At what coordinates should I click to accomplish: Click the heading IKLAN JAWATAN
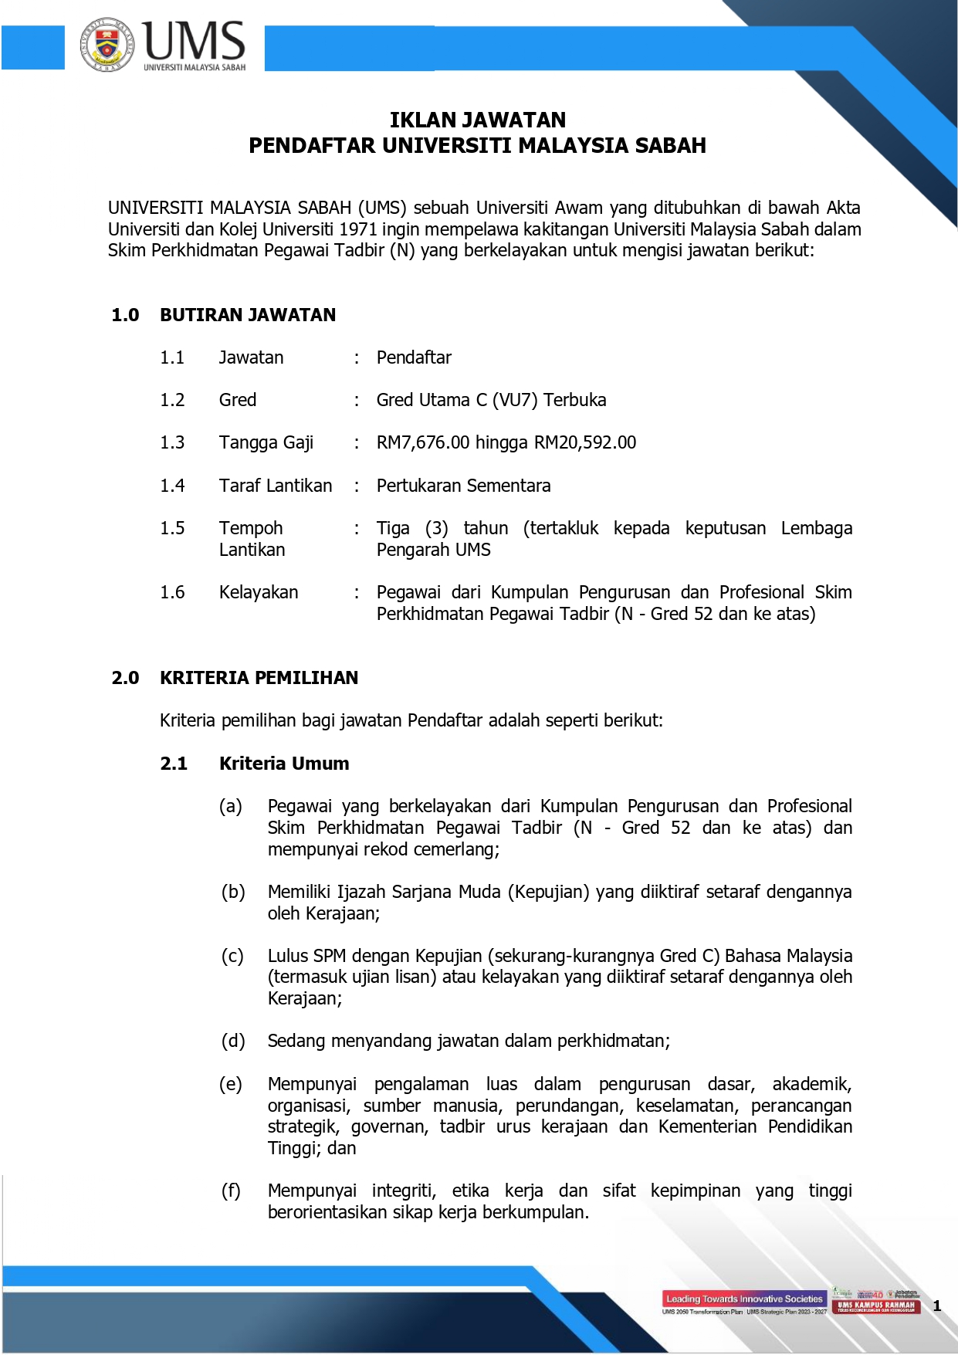pyautogui.click(x=478, y=120)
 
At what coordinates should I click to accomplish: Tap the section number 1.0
pyautogui.click(x=125, y=315)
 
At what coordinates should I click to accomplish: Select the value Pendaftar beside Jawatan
pyautogui.click(x=414, y=357)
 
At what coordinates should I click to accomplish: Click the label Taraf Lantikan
pyautogui.click(x=276, y=486)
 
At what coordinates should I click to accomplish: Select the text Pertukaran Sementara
pyautogui.click(x=463, y=486)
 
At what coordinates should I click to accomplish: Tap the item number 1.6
pyautogui.click(x=172, y=592)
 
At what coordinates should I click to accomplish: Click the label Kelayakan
pyautogui.click(x=259, y=592)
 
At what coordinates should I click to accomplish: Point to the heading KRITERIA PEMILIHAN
pyautogui.click(x=259, y=678)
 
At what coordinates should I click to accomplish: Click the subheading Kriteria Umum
pyautogui.click(x=284, y=764)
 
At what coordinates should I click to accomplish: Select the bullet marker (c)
pyautogui.click(x=232, y=956)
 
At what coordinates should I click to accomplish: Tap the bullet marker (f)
pyautogui.click(x=231, y=1191)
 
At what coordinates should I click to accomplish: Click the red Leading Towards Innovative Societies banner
pyautogui.click(x=744, y=1299)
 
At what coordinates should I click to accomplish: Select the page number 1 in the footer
pyautogui.click(x=937, y=1306)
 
